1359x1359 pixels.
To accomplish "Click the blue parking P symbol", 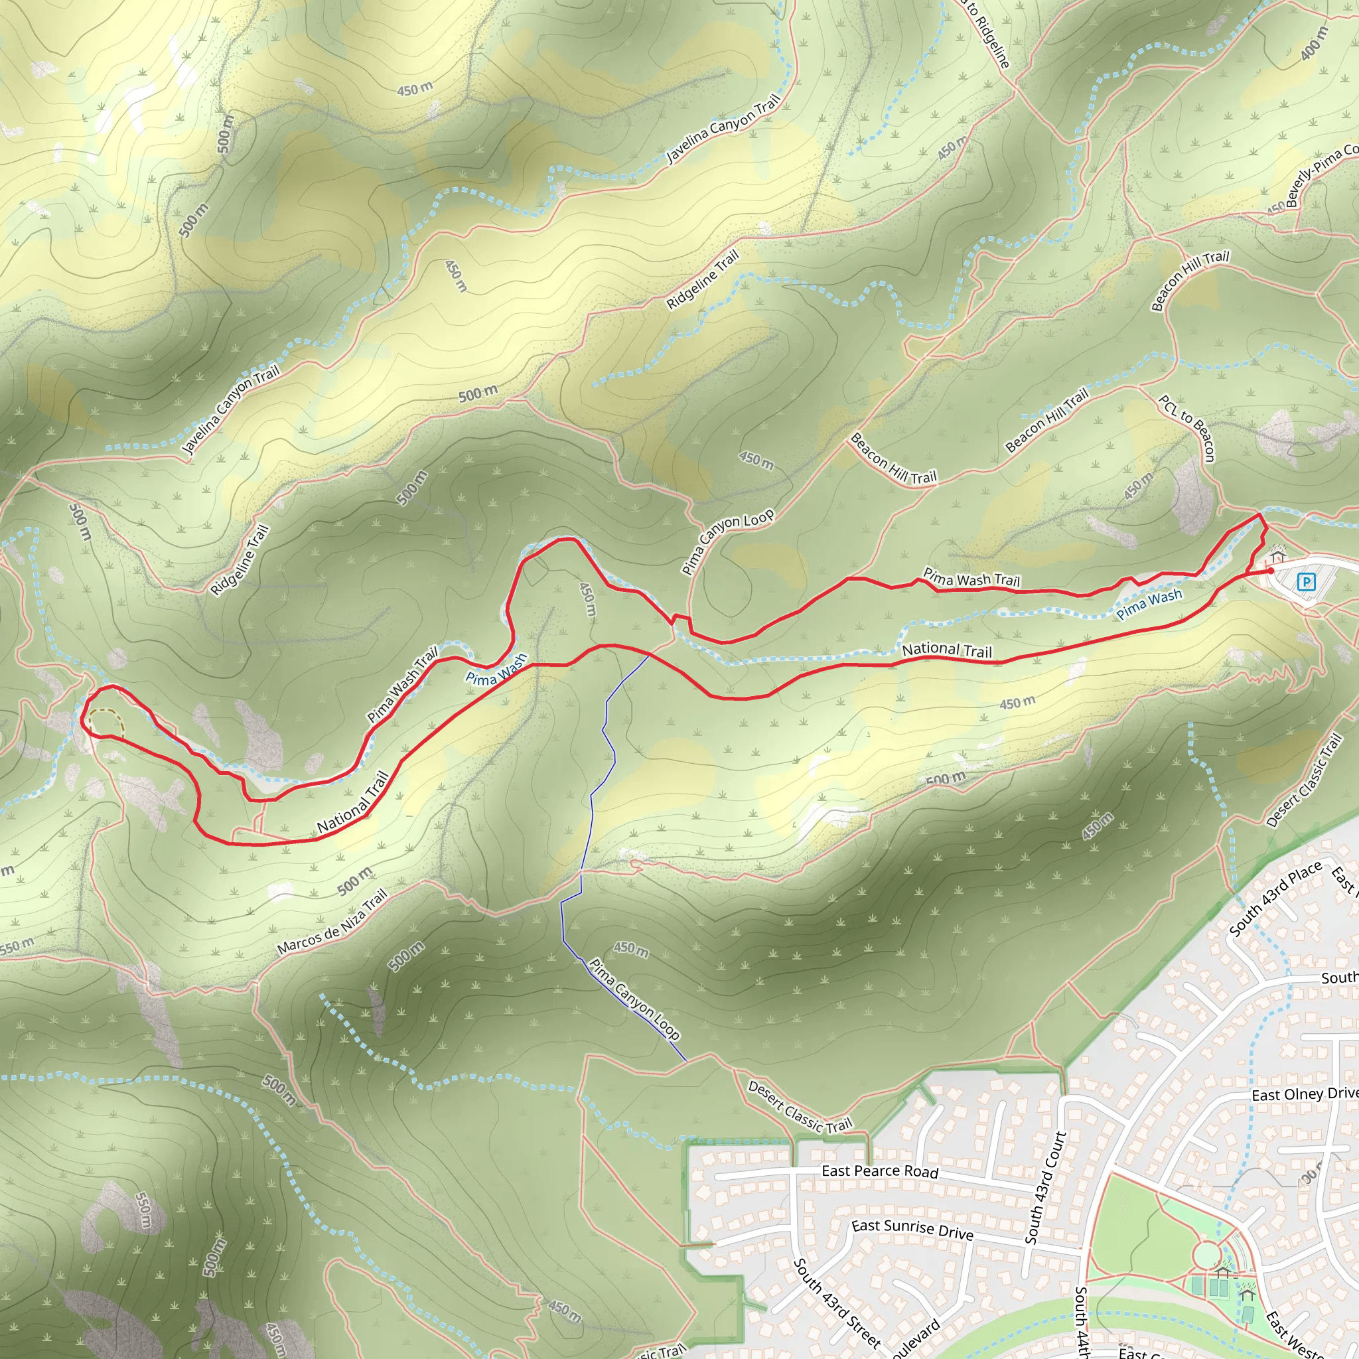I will tap(1306, 582).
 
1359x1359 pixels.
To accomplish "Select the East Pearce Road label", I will tap(880, 1171).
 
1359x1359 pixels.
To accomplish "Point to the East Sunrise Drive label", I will tap(912, 1230).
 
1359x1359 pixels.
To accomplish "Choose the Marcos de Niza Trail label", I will tap(332, 922).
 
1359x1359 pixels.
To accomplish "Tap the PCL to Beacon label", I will tap(1187, 428).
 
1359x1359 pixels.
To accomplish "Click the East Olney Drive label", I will tap(1305, 1094).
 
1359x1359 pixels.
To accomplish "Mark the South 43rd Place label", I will tap(1275, 900).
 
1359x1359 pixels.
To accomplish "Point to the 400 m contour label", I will tap(1314, 44).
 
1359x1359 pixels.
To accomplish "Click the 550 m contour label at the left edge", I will tap(15, 947).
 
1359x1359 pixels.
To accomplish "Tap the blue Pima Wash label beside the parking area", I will tap(1149, 605).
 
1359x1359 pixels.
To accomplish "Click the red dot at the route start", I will tap(1270, 571).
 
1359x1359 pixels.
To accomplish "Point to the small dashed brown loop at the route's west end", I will tap(106, 723).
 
